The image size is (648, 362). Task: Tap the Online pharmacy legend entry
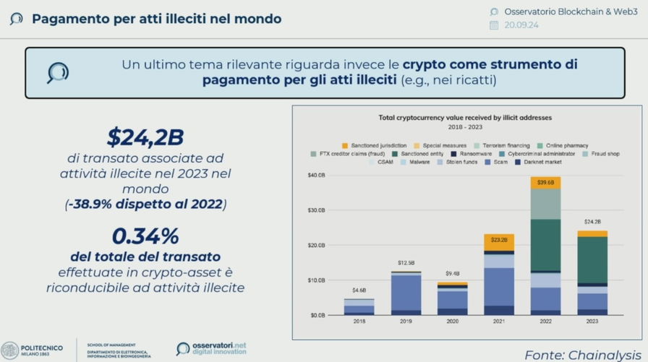(566, 145)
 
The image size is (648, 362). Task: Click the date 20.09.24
(521, 25)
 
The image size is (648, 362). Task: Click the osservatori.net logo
(211, 349)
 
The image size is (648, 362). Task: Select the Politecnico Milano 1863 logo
(32, 350)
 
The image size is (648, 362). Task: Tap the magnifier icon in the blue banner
(57, 72)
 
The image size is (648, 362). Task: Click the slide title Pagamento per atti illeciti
(156, 18)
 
